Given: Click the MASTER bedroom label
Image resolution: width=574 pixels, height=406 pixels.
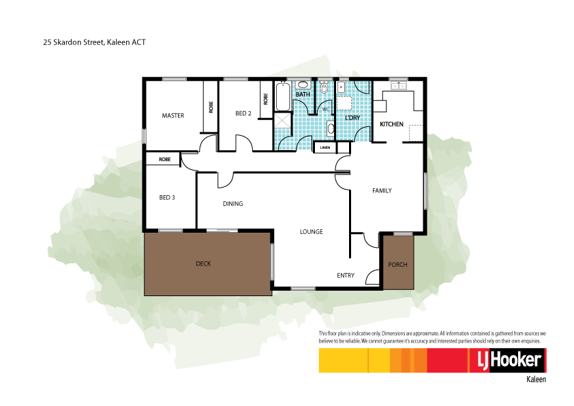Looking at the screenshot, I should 173,116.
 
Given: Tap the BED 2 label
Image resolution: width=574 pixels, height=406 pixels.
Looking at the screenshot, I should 244,113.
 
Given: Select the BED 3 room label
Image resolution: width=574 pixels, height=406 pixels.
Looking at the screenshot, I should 167,198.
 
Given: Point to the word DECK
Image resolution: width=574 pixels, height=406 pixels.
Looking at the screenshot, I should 203,263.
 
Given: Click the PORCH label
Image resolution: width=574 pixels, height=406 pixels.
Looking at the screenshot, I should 397,265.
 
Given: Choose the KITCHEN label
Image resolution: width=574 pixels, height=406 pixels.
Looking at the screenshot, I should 391,124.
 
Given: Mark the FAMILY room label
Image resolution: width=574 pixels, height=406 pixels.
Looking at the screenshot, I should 382,190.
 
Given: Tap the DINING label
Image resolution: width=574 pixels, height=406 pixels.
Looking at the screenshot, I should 233,204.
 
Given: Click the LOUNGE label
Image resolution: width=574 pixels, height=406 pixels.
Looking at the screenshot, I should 312,232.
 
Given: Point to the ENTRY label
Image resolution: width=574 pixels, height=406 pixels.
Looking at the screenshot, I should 346,276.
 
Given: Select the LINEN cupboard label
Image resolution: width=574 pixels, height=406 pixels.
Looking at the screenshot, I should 324,147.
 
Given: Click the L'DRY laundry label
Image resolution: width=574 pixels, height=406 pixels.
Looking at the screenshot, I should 352,118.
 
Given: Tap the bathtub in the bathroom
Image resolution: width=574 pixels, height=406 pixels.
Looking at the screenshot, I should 282,98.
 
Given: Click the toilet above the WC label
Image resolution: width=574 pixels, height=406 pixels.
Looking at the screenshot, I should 325,89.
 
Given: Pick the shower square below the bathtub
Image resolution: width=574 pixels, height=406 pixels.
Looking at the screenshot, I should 282,121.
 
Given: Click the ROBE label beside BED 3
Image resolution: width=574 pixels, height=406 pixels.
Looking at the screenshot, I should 164,159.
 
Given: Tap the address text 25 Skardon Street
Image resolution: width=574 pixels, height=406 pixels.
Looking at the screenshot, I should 95,42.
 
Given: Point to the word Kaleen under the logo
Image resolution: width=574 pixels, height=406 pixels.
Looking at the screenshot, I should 537,379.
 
